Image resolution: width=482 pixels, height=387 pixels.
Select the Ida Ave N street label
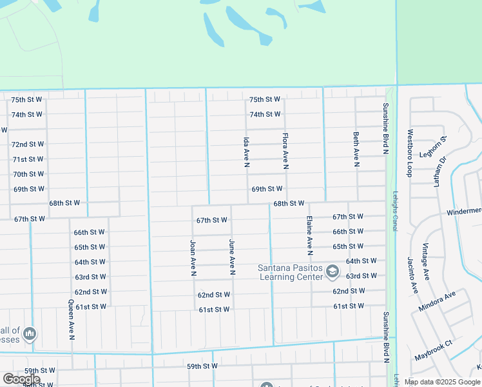246,152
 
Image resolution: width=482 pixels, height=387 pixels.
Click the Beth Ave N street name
356,149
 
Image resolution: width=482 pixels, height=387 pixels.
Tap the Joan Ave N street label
193,258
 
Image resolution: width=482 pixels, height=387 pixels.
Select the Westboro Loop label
409,154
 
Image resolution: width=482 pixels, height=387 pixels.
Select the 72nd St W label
28,144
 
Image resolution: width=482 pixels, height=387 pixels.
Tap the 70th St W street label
28,174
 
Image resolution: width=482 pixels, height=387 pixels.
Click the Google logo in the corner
21,379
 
